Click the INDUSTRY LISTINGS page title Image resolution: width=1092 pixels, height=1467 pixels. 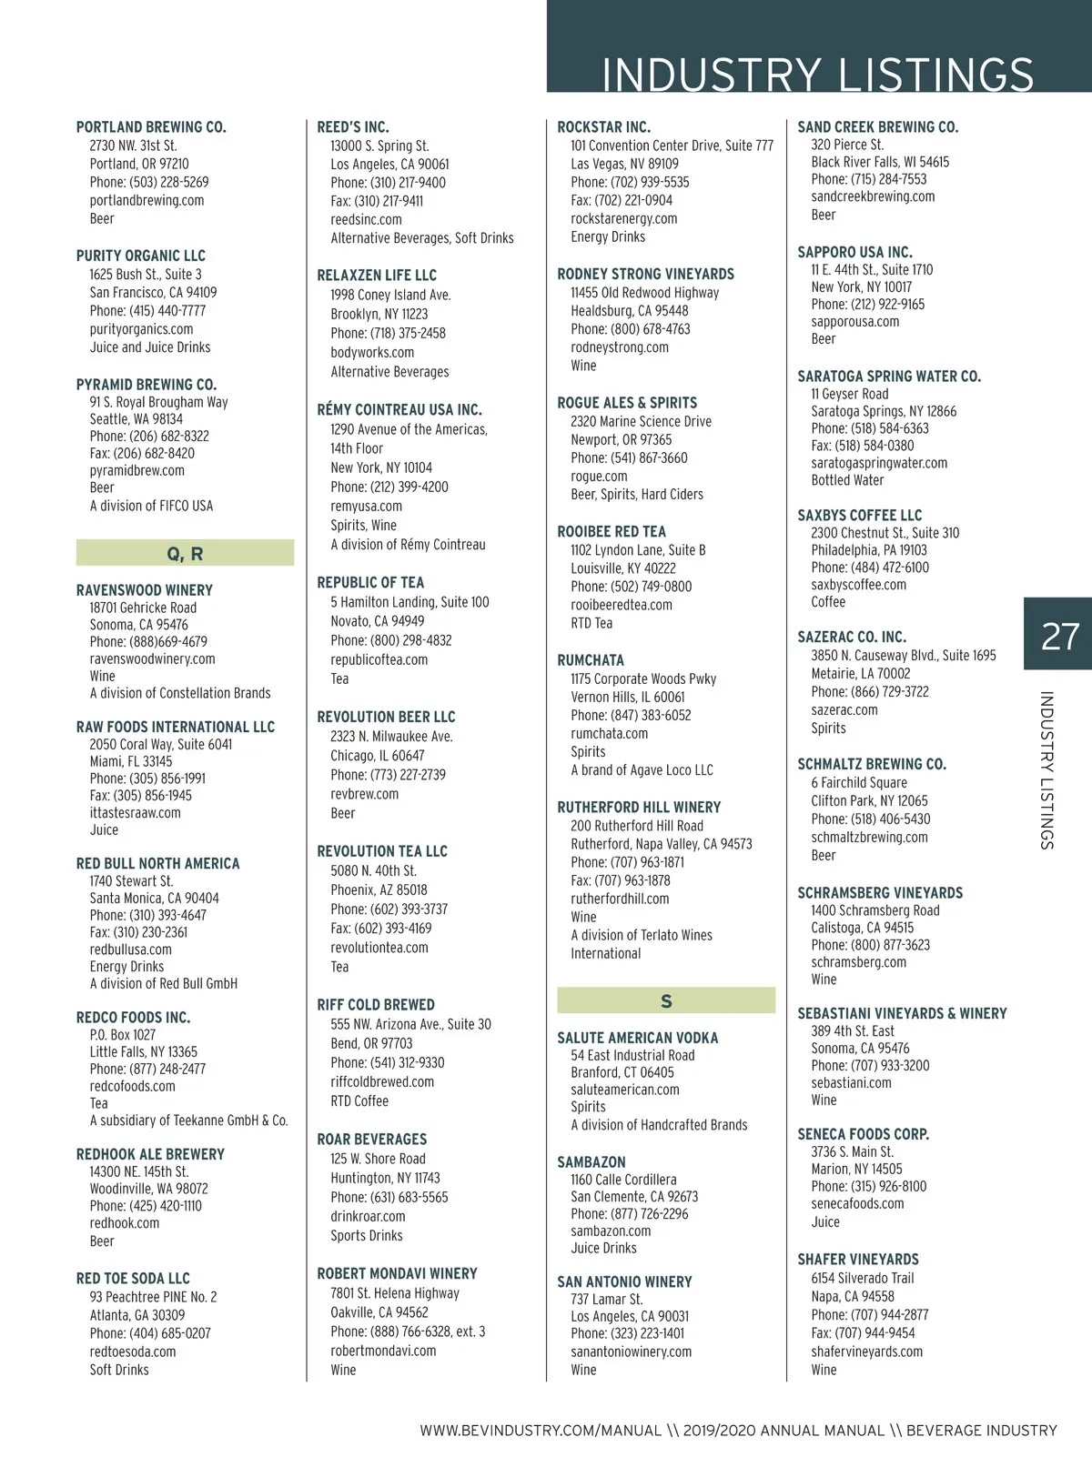(x=817, y=74)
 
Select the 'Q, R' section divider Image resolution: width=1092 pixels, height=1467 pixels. (x=185, y=553)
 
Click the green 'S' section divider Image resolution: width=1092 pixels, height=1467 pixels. (x=666, y=1001)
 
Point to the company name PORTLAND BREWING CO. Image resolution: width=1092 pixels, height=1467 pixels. (x=151, y=127)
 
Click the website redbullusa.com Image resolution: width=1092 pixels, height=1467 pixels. (x=130, y=950)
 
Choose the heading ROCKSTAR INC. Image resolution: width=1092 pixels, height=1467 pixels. (x=603, y=127)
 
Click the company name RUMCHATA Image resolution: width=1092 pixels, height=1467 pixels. (x=591, y=660)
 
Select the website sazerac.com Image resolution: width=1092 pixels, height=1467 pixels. (x=844, y=710)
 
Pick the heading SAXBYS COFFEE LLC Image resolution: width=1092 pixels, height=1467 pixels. (x=859, y=515)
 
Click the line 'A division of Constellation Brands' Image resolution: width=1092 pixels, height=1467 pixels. (x=180, y=693)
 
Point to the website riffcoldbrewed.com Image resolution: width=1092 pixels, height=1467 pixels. (x=382, y=1082)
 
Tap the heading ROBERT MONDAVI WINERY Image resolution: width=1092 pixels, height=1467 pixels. (x=397, y=1273)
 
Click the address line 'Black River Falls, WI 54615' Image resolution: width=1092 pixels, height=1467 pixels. (x=880, y=162)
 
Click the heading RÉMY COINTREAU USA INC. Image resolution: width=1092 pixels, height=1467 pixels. (x=399, y=410)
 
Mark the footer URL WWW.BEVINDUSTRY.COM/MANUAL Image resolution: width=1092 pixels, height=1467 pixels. (x=541, y=1431)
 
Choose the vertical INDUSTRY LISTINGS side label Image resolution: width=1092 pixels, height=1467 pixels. (x=1046, y=770)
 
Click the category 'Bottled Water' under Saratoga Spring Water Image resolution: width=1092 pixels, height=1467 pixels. (x=847, y=480)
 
